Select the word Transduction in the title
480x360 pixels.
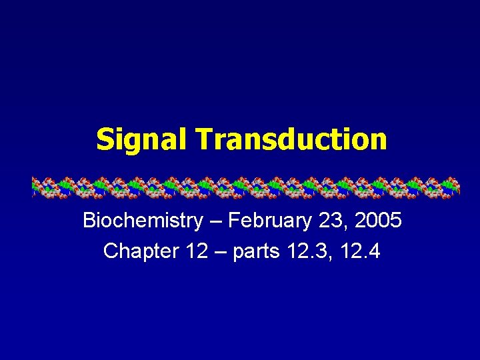291,139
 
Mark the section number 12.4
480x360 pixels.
360,251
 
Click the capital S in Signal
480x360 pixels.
105,140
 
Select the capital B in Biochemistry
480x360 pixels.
89,221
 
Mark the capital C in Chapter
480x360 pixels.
111,251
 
